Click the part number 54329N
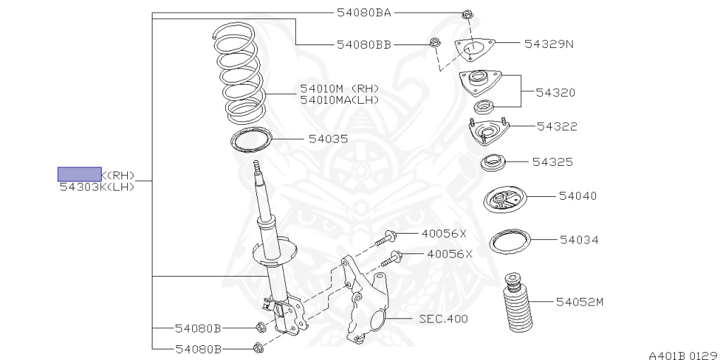[x=549, y=44]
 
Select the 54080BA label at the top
[x=364, y=13]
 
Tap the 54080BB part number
[x=364, y=44]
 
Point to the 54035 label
[x=328, y=139]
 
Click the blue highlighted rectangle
[x=79, y=174]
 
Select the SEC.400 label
[x=443, y=319]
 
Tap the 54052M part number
[x=580, y=302]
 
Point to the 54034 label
[x=579, y=240]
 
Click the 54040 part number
[x=578, y=196]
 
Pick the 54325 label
[x=552, y=162]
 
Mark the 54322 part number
[x=557, y=126]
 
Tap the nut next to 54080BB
[x=435, y=44]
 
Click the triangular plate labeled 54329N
[x=474, y=49]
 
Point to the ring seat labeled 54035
[x=252, y=139]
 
